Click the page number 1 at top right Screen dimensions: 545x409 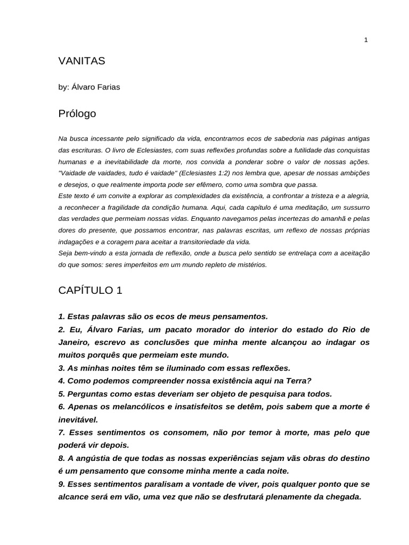click(x=366, y=40)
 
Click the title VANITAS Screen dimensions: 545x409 click(x=81, y=61)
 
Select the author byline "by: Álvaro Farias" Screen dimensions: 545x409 click(x=89, y=87)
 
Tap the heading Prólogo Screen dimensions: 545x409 click(x=77, y=113)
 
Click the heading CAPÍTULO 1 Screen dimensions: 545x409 click(x=90, y=290)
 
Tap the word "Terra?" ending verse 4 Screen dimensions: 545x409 click(x=298, y=381)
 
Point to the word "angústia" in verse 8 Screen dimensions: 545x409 click(x=94, y=458)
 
